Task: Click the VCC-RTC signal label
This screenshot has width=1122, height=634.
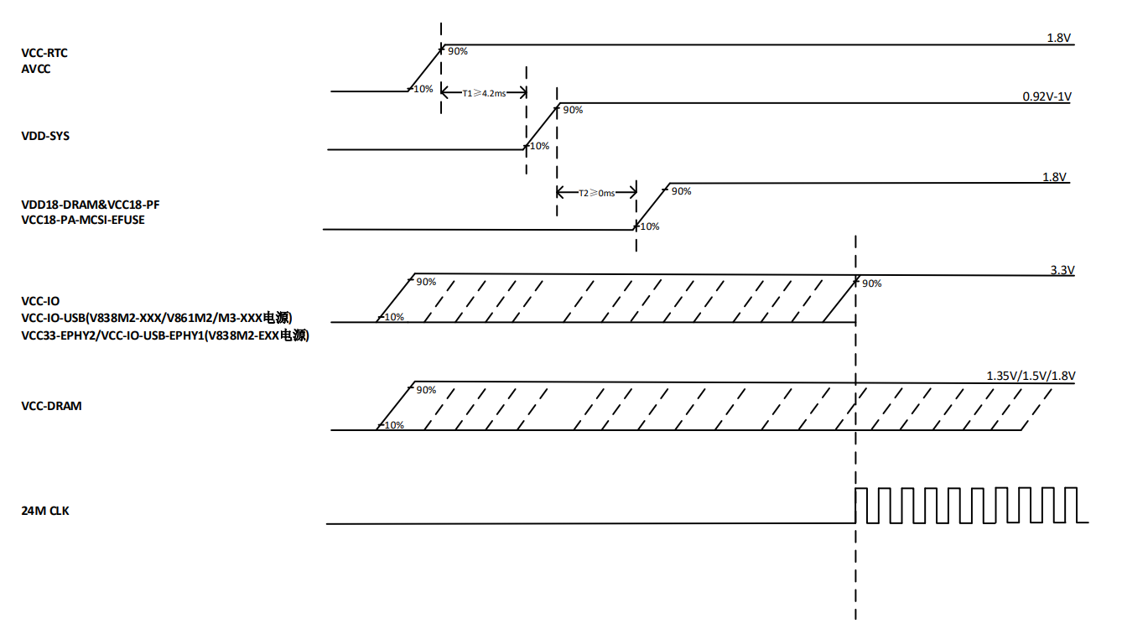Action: tap(44, 53)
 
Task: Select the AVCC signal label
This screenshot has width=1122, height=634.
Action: tap(36, 69)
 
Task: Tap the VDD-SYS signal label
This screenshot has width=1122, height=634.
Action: tap(45, 135)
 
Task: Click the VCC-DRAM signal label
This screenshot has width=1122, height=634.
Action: tap(51, 406)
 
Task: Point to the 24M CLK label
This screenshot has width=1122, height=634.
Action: tap(45, 510)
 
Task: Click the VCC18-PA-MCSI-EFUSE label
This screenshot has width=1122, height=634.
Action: tap(83, 221)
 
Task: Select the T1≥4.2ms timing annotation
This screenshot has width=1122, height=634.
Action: tap(484, 93)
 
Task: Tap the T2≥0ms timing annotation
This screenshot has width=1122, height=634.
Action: tap(596, 193)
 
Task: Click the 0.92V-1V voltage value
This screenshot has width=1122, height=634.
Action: tap(1047, 96)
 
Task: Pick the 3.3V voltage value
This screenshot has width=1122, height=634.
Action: tap(1062, 270)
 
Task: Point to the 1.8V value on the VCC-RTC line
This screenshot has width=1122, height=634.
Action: tap(1059, 39)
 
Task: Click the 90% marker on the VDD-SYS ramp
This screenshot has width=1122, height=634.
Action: tap(573, 110)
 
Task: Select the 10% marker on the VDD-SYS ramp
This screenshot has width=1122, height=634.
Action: tap(538, 146)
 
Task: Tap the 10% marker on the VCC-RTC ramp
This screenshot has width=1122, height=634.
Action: tap(423, 89)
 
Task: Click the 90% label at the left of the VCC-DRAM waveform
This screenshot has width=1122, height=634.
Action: tap(426, 390)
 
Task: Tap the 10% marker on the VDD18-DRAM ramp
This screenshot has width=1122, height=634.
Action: tap(648, 226)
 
